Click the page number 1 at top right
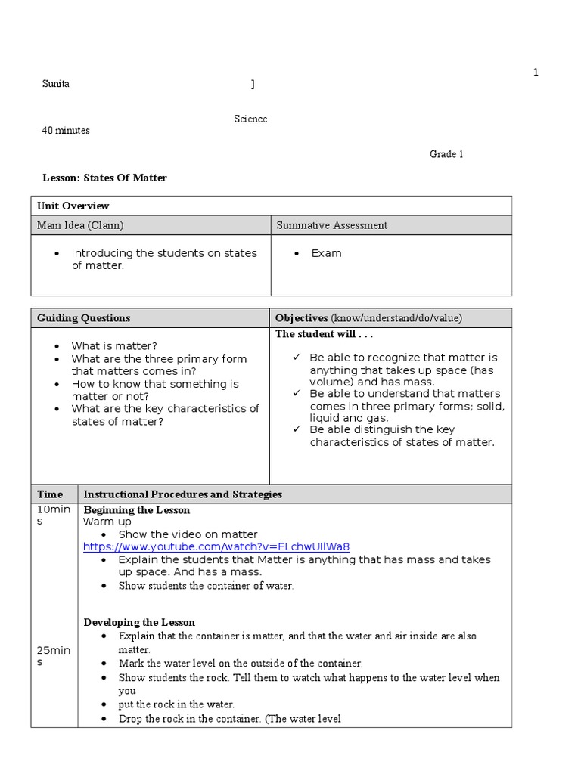536,73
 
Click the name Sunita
55,84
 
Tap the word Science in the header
250,119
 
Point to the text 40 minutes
66,131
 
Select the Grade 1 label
446,154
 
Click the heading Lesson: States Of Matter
104,178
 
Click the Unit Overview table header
73,206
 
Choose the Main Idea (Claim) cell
80,225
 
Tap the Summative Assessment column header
332,225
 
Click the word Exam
326,253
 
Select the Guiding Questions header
84,318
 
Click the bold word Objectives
301,318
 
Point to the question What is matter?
114,346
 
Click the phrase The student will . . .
324,334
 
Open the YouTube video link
216,546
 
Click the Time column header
50,494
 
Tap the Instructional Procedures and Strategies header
182,494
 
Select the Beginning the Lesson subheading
136,510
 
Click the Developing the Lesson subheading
139,622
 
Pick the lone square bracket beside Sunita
253,85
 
